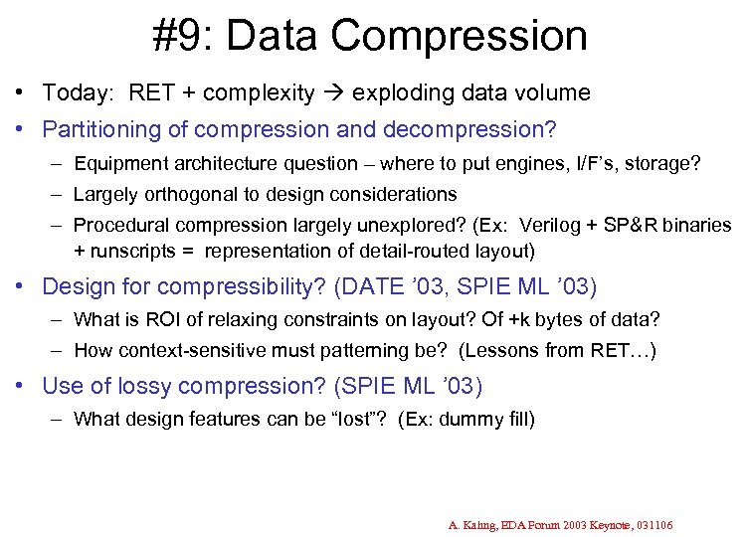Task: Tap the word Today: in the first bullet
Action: [78, 93]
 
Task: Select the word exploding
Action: [399, 93]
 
